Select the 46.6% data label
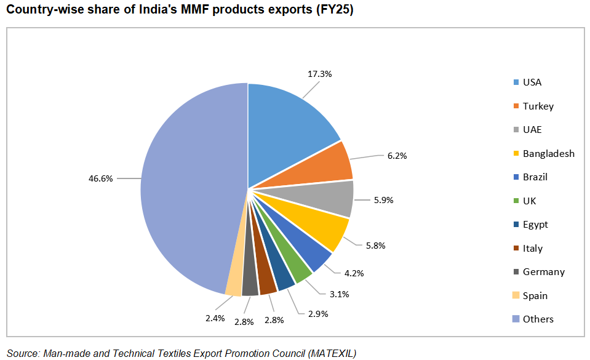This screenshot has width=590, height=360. [x=100, y=178]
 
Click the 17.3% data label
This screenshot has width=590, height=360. [x=319, y=74]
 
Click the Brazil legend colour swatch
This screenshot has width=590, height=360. [x=515, y=177]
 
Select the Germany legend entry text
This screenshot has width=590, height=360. [x=543, y=271]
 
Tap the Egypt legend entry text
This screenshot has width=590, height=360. [x=535, y=224]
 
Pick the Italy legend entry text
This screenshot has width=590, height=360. [x=532, y=248]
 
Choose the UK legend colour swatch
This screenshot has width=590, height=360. [x=515, y=201]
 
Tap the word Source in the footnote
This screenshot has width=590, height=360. [x=23, y=353]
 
